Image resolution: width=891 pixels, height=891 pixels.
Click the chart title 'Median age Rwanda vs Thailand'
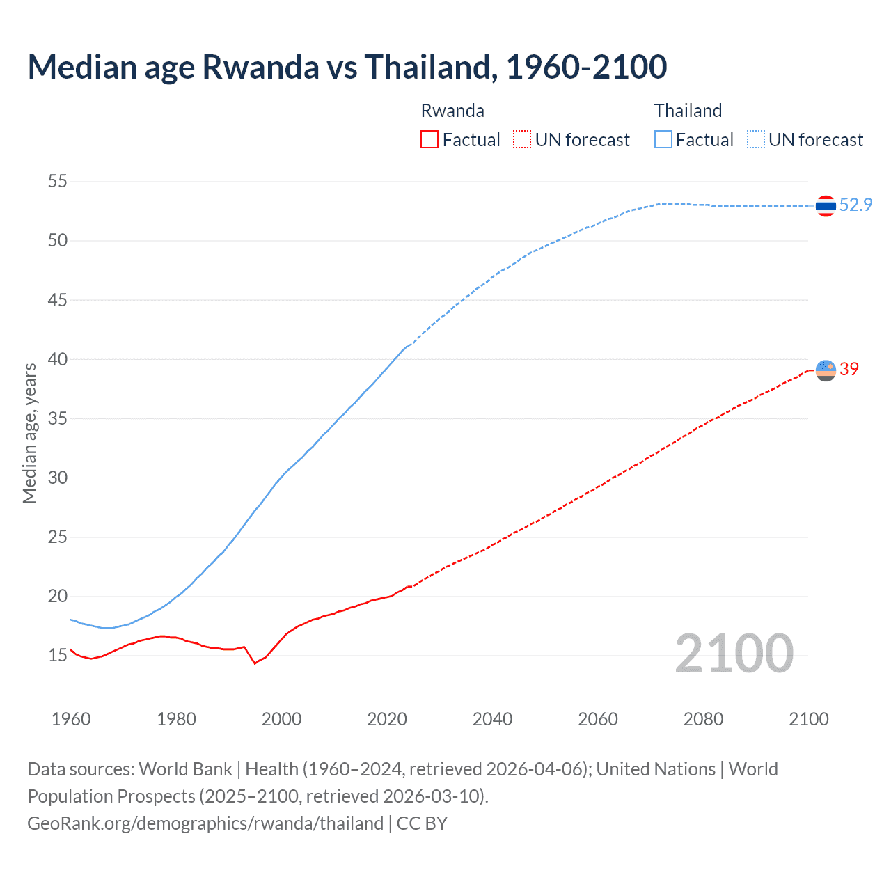(x=347, y=67)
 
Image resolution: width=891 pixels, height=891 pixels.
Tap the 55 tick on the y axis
(x=58, y=182)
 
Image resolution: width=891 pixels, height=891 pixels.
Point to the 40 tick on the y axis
(x=58, y=359)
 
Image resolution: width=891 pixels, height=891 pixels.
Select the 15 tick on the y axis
(x=58, y=655)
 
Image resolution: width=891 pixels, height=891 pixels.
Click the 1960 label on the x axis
(x=71, y=719)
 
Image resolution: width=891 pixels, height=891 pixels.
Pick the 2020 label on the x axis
(x=387, y=719)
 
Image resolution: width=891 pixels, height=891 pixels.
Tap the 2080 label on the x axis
(x=703, y=719)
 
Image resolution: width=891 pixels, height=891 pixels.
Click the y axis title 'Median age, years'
(x=29, y=433)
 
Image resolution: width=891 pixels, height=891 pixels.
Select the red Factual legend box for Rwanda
(x=429, y=140)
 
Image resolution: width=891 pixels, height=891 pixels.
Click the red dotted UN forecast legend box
(x=522, y=140)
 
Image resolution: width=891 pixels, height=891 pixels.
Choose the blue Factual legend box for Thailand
(x=663, y=140)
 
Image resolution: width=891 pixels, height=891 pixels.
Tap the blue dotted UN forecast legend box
(x=756, y=140)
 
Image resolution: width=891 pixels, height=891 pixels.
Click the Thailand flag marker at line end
(x=826, y=206)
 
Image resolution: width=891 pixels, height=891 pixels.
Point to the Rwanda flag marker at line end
(x=826, y=370)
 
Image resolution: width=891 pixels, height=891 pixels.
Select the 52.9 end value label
(x=855, y=205)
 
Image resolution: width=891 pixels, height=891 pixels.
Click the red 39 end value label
(x=849, y=369)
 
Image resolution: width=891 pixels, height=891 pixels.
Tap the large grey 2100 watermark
(x=734, y=653)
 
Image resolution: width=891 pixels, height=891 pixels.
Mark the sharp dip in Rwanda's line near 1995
(x=255, y=663)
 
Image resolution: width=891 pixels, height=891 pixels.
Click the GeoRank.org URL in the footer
(x=205, y=823)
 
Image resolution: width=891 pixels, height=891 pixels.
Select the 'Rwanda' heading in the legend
(x=452, y=111)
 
